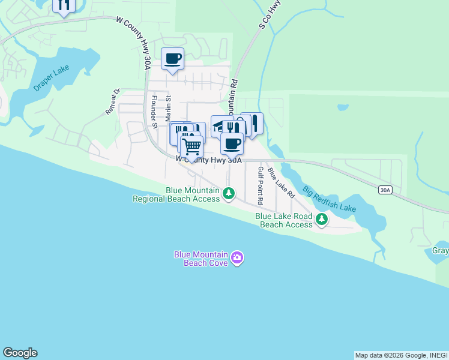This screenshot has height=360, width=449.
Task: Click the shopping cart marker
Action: click(x=191, y=146)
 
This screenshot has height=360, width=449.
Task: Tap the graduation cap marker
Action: click(x=220, y=125)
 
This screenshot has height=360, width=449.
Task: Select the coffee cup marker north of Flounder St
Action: click(x=172, y=59)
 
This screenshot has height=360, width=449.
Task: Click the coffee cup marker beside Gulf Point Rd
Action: click(x=232, y=143)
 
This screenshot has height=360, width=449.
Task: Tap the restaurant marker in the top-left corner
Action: click(x=64, y=5)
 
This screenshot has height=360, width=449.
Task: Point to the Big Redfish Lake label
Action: click(x=329, y=199)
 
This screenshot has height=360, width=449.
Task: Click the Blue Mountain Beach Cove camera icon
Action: click(x=238, y=258)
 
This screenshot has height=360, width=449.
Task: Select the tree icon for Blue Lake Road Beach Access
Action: click(x=322, y=220)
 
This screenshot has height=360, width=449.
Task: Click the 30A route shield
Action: click(x=385, y=190)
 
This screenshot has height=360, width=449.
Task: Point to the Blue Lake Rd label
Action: click(x=282, y=183)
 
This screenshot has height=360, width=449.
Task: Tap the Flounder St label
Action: click(x=154, y=112)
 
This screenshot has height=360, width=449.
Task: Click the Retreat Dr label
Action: click(x=113, y=101)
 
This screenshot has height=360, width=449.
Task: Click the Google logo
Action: click(x=19, y=353)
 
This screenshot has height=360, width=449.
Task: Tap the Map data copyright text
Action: click(x=401, y=355)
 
